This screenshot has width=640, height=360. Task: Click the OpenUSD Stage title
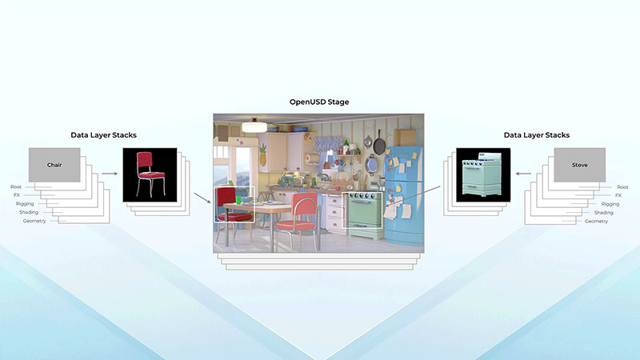319,102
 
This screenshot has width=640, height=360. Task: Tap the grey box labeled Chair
55,165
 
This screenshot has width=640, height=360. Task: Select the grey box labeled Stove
580,165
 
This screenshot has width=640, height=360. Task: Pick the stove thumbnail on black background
482,174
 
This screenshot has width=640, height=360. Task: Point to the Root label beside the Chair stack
17,186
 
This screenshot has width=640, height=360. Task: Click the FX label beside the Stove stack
618,195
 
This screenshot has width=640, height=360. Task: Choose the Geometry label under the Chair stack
34,221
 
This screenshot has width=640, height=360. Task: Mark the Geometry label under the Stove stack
596,221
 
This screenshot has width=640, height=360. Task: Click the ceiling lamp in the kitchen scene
254,126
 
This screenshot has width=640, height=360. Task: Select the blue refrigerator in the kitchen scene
405,184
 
